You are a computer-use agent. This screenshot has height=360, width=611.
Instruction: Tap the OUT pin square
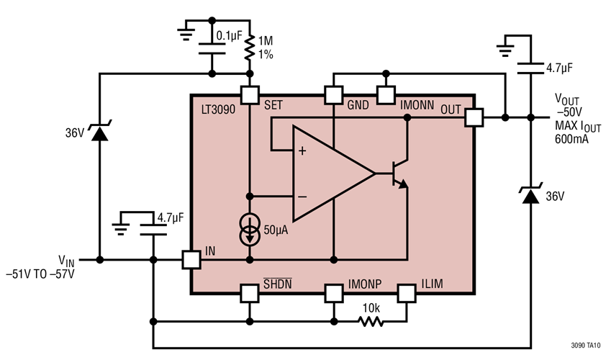(473, 117)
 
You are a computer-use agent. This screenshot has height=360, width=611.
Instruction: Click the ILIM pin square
(407, 293)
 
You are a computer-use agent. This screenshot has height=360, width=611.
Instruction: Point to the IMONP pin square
(333, 293)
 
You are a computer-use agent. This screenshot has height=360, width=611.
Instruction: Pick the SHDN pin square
(250, 293)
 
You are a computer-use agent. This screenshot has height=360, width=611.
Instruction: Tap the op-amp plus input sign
(302, 151)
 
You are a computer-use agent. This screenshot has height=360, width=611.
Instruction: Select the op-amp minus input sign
(302, 196)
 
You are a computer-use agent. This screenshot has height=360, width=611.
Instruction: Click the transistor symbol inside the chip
(399, 174)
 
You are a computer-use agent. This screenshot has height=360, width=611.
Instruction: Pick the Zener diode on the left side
(99, 134)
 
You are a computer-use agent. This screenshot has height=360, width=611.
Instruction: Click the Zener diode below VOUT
(530, 195)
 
